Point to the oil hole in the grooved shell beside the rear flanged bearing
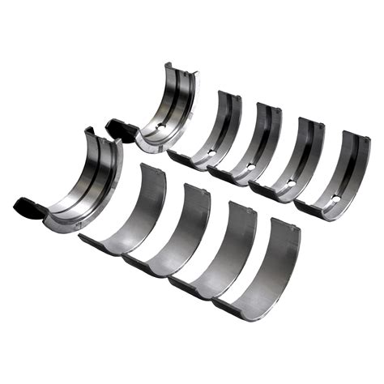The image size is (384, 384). point(212,152)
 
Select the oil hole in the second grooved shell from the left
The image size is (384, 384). point(250,167)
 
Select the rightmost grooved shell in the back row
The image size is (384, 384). point(337,174)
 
